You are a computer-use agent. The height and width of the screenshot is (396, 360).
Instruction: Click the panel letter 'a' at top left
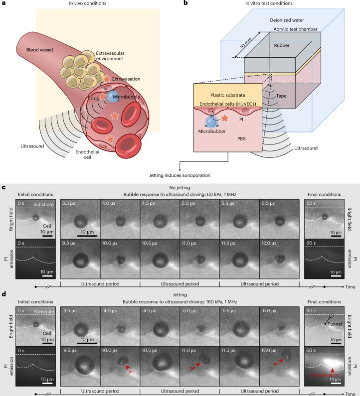[3, 4]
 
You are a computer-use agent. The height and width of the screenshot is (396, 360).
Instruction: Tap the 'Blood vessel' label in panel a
[30, 50]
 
